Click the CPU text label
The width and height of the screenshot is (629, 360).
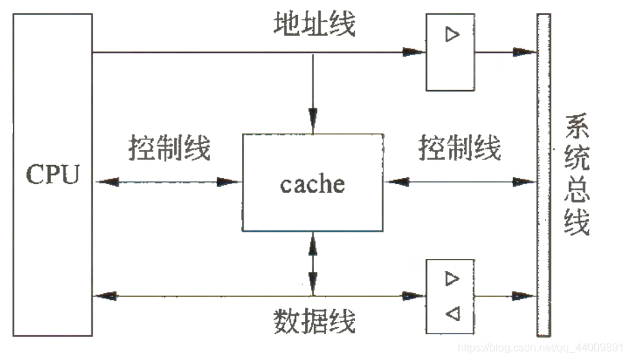(x=52, y=175)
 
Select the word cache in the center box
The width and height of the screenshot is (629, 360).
(x=312, y=183)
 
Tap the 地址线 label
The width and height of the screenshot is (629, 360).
(x=314, y=26)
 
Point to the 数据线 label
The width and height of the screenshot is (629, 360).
(x=314, y=320)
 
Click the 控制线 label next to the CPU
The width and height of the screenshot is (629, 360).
(x=169, y=147)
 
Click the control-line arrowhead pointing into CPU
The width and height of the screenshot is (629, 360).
(x=106, y=182)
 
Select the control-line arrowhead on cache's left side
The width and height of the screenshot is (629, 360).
(x=231, y=182)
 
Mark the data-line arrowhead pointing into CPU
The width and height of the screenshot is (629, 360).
(x=106, y=296)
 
